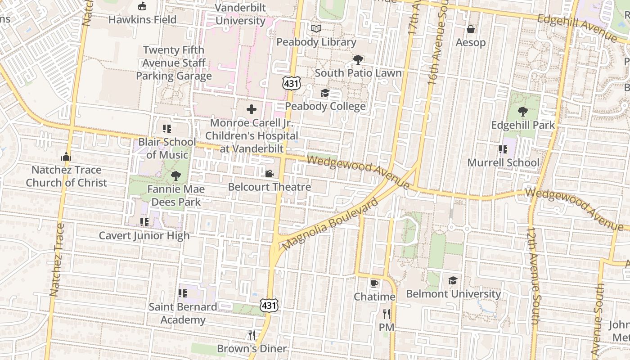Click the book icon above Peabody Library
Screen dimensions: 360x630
[x=316, y=29]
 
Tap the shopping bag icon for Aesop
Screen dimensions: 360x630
[x=471, y=29]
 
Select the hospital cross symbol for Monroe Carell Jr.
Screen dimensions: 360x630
[x=252, y=109]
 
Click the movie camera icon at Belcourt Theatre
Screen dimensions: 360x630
[x=269, y=173]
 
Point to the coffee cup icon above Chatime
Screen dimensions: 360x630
[x=374, y=283]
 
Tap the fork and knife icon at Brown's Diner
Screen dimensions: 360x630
[x=252, y=335]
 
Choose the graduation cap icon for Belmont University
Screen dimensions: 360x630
[x=453, y=281]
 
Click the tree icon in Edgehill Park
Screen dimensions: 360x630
[x=522, y=112]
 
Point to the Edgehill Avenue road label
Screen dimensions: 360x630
[x=577, y=27]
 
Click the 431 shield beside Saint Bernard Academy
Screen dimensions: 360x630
[x=269, y=305]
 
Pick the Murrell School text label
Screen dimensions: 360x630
[x=503, y=162]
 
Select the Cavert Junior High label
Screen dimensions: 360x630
[x=144, y=235]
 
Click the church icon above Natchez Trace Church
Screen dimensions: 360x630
[x=66, y=157]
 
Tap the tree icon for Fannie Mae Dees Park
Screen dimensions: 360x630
[x=175, y=176]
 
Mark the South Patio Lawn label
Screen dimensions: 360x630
[x=358, y=73]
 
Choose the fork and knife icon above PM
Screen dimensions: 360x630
[x=386, y=314]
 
